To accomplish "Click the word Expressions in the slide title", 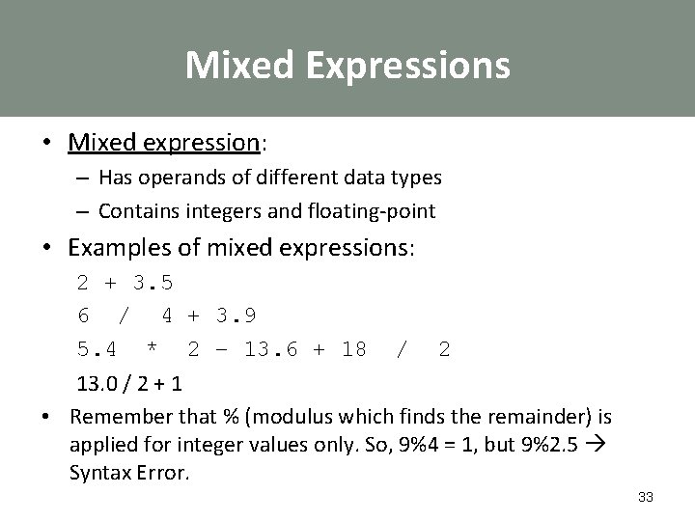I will tap(403, 66).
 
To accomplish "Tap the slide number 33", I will tap(646, 497).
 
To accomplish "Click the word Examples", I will tap(114, 248).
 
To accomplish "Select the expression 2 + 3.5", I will tap(125, 285).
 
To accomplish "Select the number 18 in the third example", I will tap(353, 349).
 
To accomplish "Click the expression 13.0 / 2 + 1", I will tap(130, 383).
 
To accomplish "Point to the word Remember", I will tap(116, 417).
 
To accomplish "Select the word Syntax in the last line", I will tap(99, 473).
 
